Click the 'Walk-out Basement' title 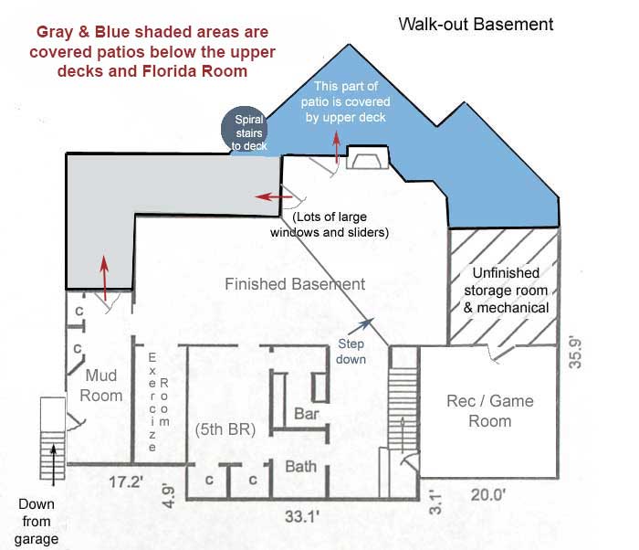(x=476, y=24)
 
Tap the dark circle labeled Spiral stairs (x=244, y=130)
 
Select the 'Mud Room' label (x=101, y=386)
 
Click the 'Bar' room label (x=307, y=414)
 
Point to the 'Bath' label (x=300, y=466)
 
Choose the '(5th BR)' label (x=225, y=429)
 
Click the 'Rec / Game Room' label (x=490, y=411)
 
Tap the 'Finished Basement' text (x=295, y=284)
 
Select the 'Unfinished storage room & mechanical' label (x=506, y=291)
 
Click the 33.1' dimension (x=301, y=516)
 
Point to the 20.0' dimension (x=487, y=495)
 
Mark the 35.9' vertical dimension (x=575, y=353)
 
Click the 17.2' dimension (x=126, y=481)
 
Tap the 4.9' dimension (x=168, y=496)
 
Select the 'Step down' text (x=351, y=352)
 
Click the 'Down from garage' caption (x=37, y=522)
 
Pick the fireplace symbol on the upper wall (x=368, y=157)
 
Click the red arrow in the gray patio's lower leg (x=105, y=279)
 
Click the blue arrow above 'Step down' (x=361, y=327)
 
